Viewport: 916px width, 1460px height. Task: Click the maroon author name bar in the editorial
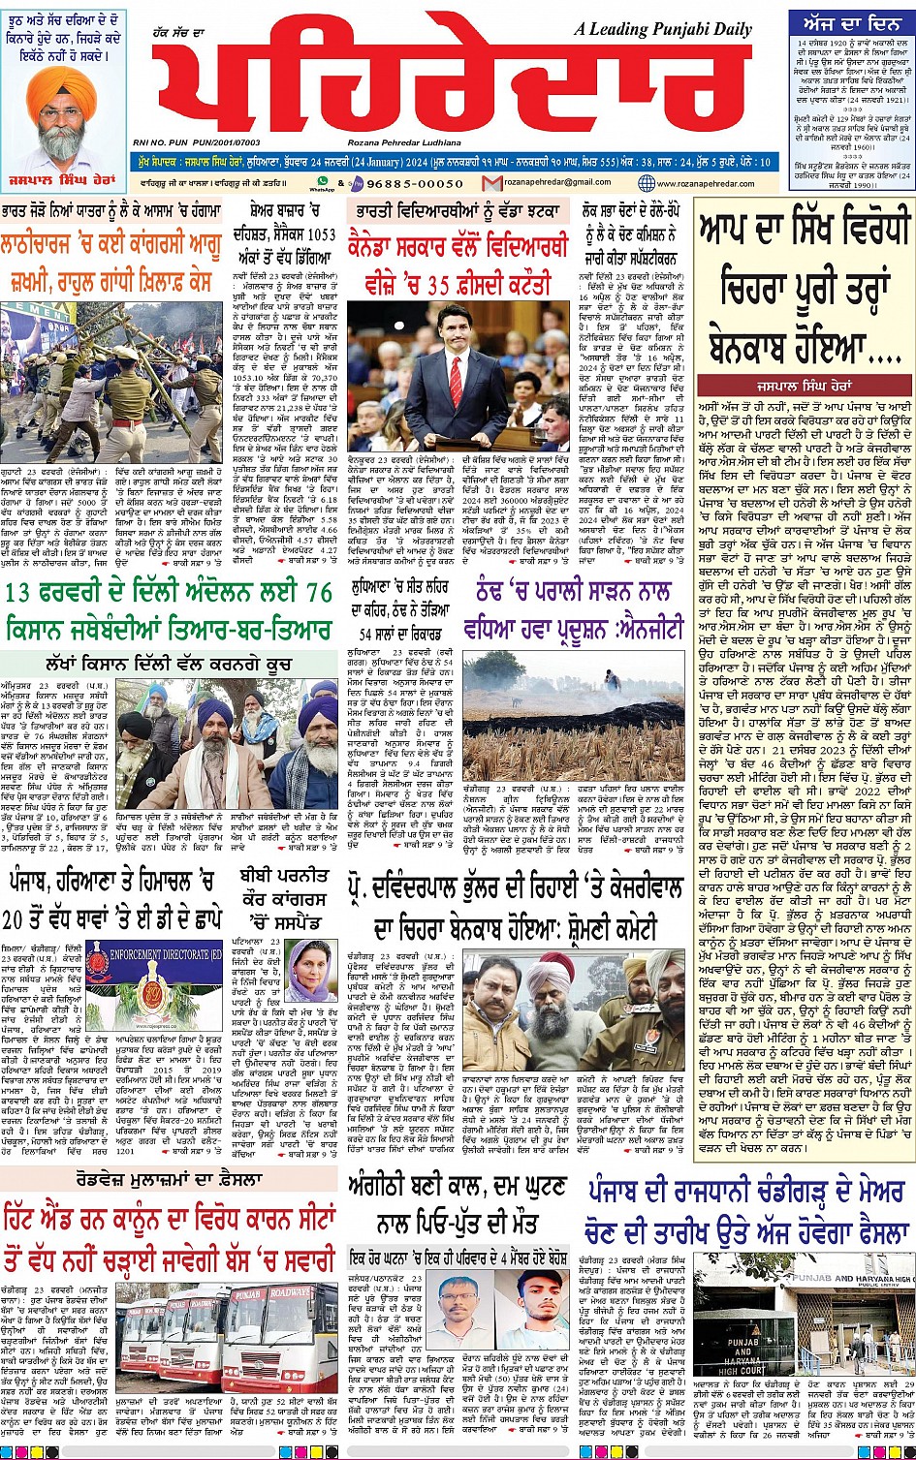click(803, 384)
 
